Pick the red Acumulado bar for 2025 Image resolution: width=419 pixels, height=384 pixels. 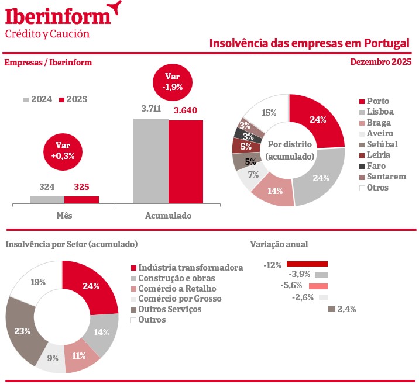pos(186,162)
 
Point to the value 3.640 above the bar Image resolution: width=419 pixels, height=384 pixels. pos(186,109)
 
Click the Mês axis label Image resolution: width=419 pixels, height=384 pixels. pos(64,215)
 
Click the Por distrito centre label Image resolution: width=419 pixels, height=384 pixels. pos(290,150)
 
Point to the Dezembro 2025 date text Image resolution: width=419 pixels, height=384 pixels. pos(381,62)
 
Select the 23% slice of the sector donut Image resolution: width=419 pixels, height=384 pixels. pos(23,331)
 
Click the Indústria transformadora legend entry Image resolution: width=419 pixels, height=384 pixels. pos(186,267)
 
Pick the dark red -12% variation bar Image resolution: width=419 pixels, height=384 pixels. pos(307,264)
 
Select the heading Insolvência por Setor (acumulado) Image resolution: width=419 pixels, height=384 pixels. pos(71,244)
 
